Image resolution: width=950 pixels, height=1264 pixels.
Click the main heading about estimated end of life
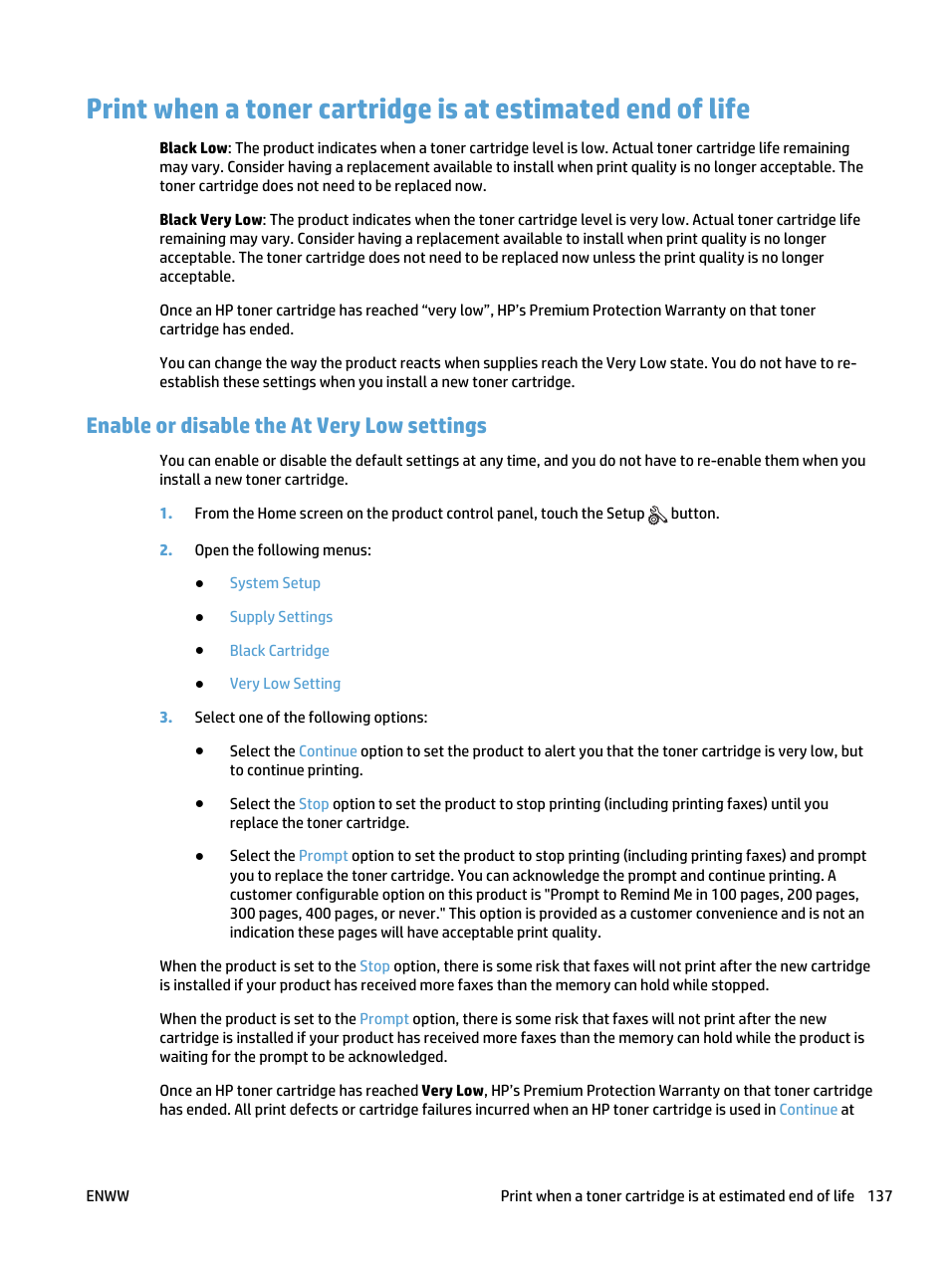(418, 108)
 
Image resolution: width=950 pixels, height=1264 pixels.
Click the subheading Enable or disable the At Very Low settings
(287, 426)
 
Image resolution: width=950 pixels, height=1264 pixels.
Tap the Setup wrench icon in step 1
(657, 515)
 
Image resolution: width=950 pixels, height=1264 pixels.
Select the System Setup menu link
(275, 583)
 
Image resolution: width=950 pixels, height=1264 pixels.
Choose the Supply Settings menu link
(281, 617)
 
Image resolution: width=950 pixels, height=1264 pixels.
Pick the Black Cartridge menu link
(279, 651)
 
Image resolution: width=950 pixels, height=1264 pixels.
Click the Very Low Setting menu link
(285, 684)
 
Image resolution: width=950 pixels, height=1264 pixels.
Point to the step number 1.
(165, 514)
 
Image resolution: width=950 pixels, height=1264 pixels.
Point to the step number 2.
(165, 550)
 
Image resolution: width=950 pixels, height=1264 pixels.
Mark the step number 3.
(165, 718)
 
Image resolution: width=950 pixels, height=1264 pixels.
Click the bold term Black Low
(193, 148)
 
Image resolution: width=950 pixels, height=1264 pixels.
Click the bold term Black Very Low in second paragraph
(211, 220)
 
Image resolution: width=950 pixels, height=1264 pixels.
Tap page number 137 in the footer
(879, 1196)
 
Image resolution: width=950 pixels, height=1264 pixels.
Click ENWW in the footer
(108, 1196)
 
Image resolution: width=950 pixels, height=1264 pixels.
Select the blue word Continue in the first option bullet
(328, 751)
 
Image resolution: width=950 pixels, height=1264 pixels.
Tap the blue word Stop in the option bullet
(314, 804)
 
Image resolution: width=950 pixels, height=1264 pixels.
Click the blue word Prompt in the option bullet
(324, 856)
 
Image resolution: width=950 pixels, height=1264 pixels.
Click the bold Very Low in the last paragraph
(452, 1091)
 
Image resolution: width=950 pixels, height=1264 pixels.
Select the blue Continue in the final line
(808, 1110)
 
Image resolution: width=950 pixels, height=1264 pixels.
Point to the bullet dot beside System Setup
(200, 584)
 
